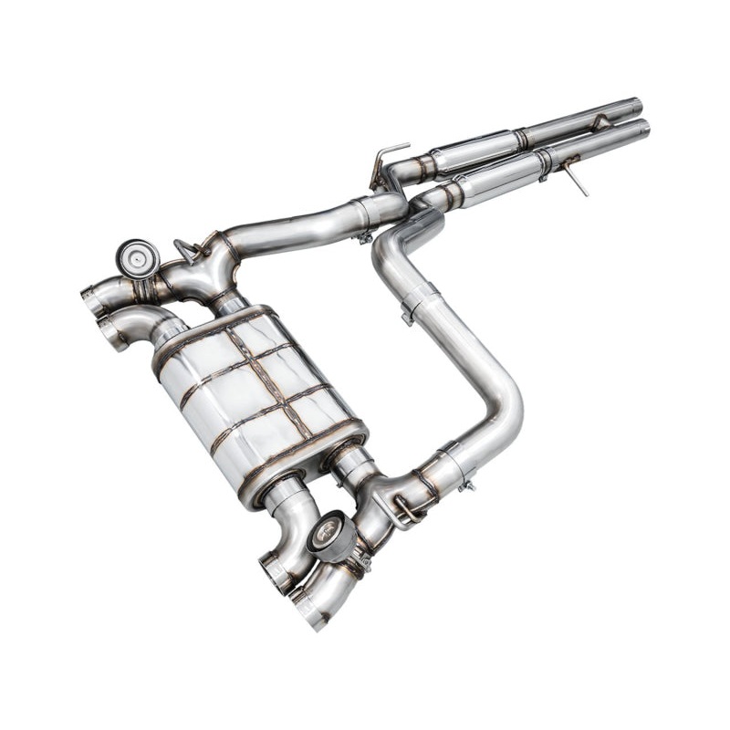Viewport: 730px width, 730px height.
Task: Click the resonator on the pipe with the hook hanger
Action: (474, 155)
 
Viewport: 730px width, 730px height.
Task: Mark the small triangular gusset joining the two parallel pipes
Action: (598, 123)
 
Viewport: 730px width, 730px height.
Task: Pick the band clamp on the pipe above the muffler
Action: (365, 215)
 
